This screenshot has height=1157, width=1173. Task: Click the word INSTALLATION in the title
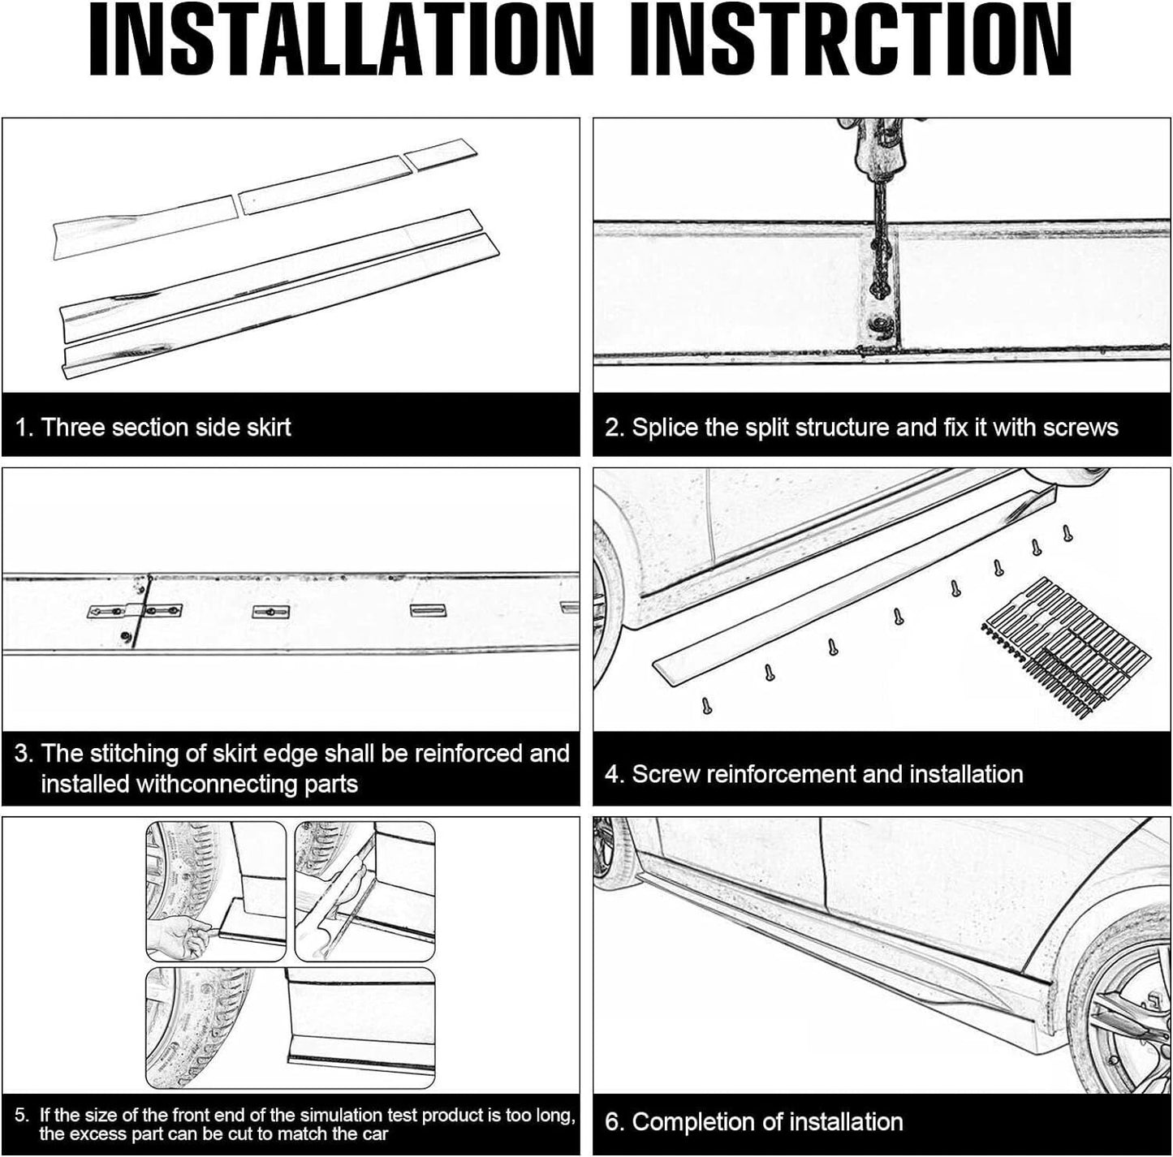[x=342, y=39]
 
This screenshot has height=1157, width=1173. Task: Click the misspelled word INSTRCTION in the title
[x=851, y=39]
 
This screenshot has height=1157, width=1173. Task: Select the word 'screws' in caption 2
[x=1080, y=428]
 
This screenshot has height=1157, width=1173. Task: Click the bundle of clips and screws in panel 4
[x=1066, y=646]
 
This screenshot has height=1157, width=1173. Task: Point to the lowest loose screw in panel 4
[x=707, y=707]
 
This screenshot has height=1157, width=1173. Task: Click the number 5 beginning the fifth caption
[x=20, y=1116]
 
